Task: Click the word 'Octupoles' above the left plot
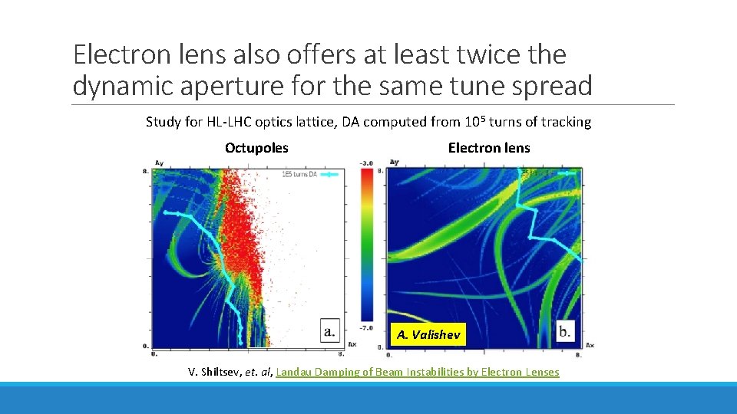click(256, 148)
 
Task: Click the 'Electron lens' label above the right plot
click(489, 148)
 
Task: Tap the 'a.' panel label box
click(329, 332)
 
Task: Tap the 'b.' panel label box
click(565, 332)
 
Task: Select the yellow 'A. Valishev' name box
click(428, 334)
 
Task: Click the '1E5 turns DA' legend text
click(299, 175)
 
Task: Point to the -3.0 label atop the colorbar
click(366, 163)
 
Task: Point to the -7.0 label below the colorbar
click(366, 327)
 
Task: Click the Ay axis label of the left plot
click(159, 163)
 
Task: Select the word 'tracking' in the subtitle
click(567, 122)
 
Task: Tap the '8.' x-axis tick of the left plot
click(341, 353)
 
